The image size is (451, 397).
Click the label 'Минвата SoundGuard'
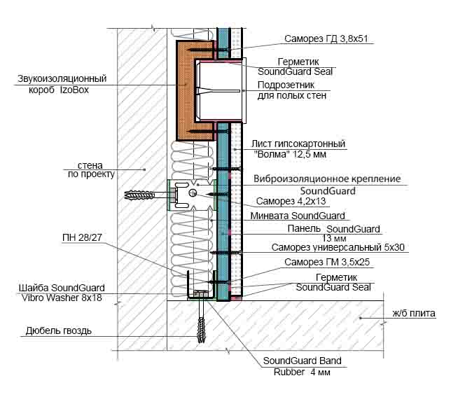point(298,216)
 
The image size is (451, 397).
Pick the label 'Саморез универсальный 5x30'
point(339,247)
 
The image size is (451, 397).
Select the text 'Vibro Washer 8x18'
point(61,298)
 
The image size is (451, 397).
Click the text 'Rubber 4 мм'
point(301,372)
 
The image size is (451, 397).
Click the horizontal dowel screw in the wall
point(144,194)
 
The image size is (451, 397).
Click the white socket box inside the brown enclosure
point(218,91)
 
